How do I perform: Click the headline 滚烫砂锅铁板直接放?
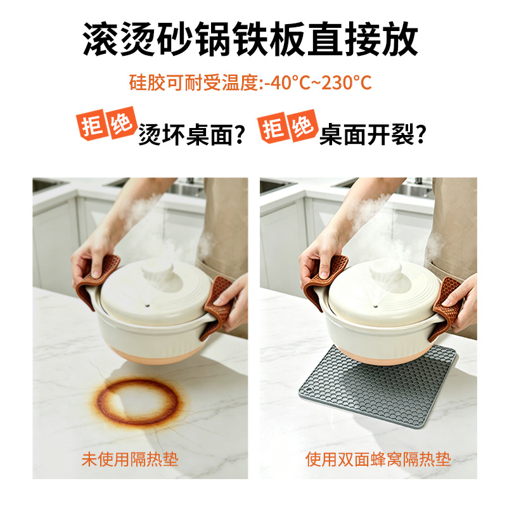pyautogui.click(x=250, y=39)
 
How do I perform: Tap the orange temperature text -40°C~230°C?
pyautogui.click(x=318, y=82)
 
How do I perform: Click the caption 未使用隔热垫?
pyautogui.click(x=130, y=459)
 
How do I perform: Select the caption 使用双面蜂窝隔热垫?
pyautogui.click(x=378, y=459)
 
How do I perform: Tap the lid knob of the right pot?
pyautogui.click(x=386, y=268)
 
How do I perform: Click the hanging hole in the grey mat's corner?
pyautogui.click(x=309, y=390)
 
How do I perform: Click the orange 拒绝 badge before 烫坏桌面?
pyautogui.click(x=106, y=124)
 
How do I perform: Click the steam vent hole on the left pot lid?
pyautogui.click(x=148, y=305)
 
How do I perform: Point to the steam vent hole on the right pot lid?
pyautogui.click(x=375, y=305)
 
